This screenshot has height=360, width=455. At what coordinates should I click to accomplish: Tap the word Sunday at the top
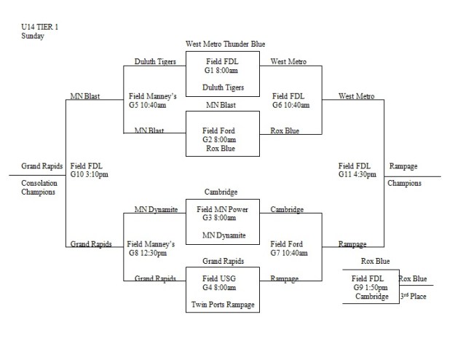coord(32,35)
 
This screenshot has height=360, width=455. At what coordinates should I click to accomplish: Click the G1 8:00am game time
coord(221,71)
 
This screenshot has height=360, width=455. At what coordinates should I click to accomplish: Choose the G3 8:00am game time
coord(221,217)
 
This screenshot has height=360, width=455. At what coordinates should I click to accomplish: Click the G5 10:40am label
coord(148,105)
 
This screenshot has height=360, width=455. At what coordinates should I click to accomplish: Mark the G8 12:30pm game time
coord(148,254)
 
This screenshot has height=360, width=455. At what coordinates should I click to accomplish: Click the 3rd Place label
coord(412,297)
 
